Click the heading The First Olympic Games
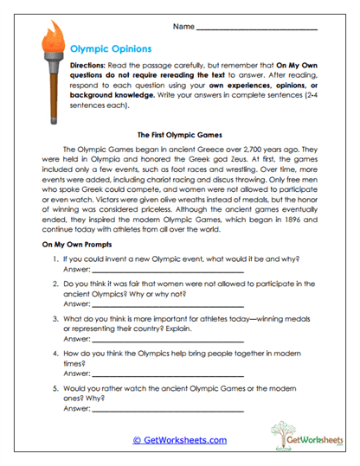pyautogui.click(x=180, y=135)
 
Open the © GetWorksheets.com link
pyautogui.click(x=179, y=440)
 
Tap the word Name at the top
pyautogui.click(x=183, y=28)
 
